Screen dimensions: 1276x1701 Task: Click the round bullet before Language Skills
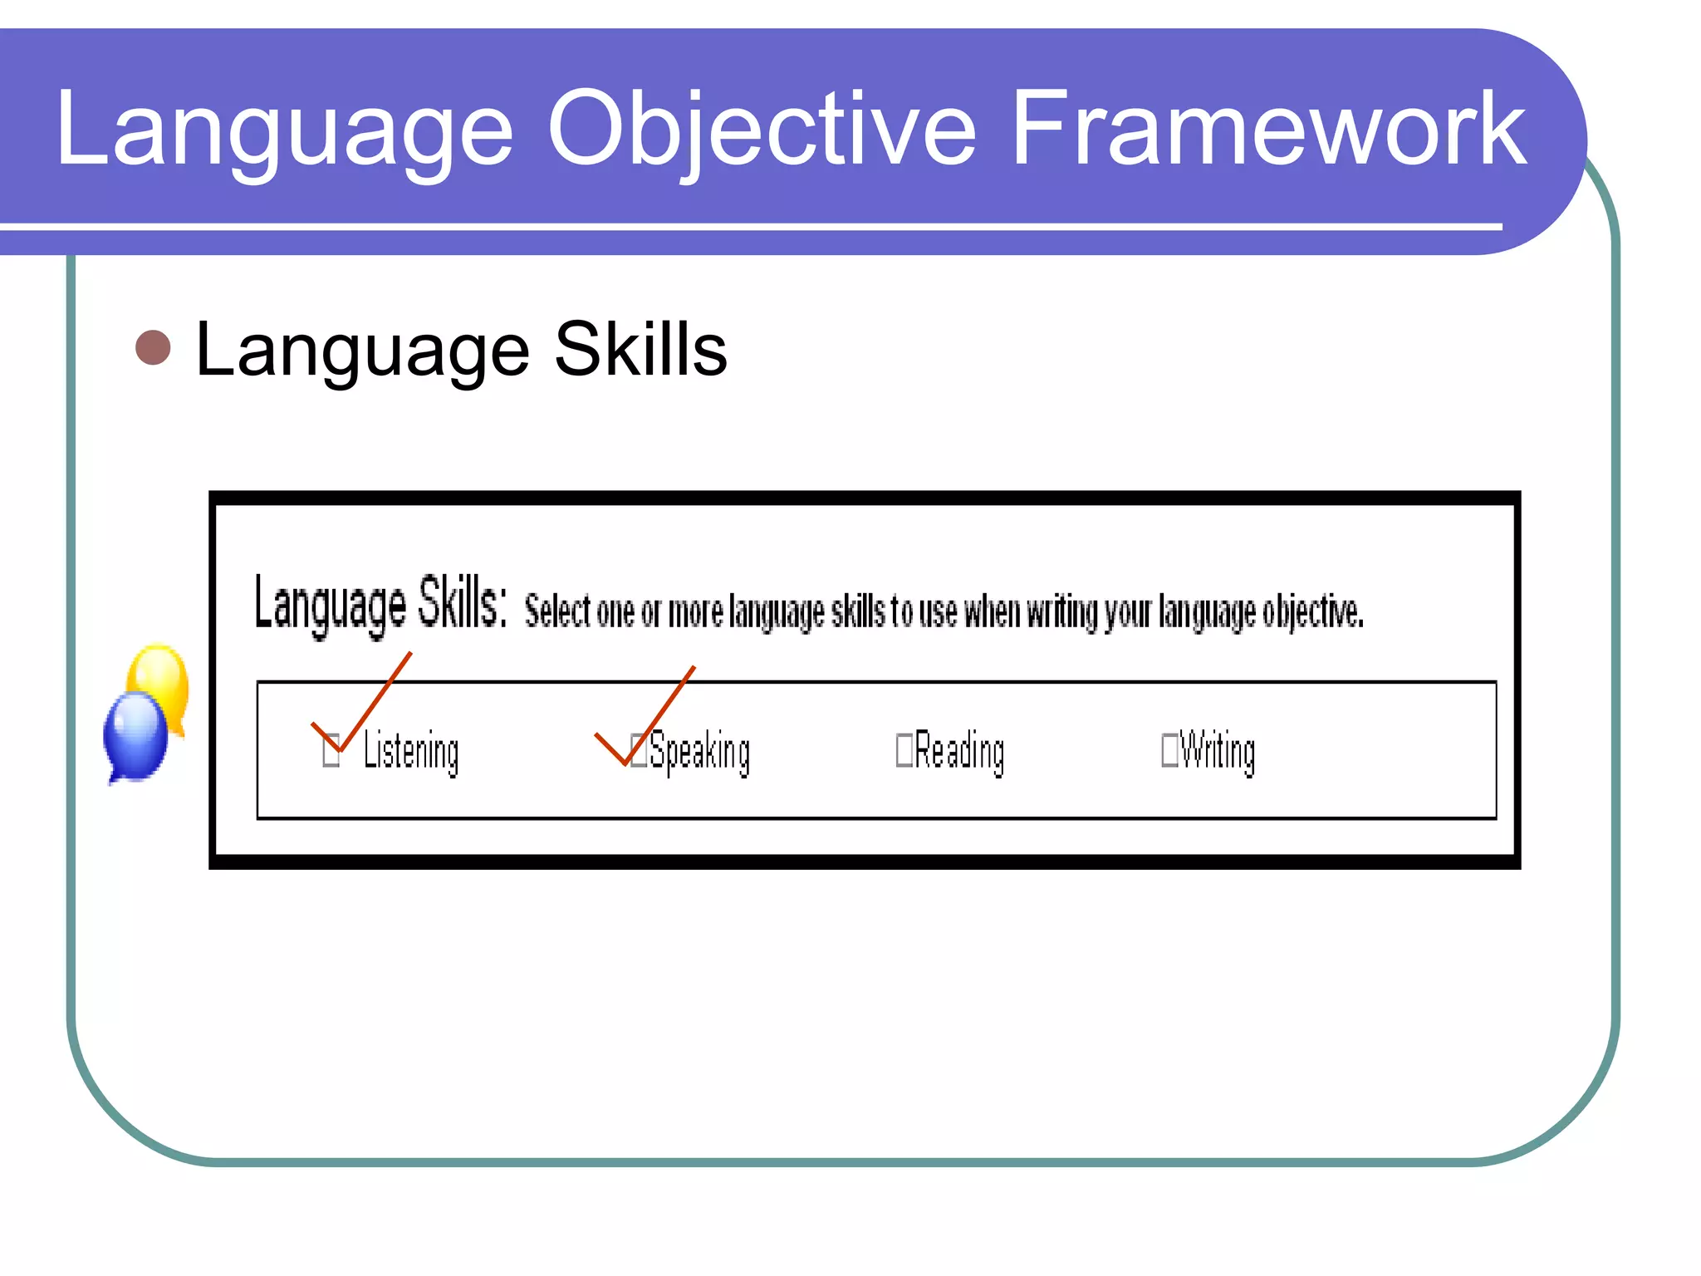point(153,348)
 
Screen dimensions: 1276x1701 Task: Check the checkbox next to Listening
point(331,750)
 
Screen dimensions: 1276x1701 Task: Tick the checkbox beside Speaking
point(638,750)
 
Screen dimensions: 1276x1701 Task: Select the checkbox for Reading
point(904,750)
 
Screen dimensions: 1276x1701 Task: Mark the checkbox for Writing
point(1169,750)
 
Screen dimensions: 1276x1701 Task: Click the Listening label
point(411,752)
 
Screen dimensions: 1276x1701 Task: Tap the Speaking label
point(699,752)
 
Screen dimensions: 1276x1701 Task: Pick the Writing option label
point(1218,752)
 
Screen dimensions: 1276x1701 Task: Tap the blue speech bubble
point(135,735)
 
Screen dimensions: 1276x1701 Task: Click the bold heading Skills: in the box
point(462,604)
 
